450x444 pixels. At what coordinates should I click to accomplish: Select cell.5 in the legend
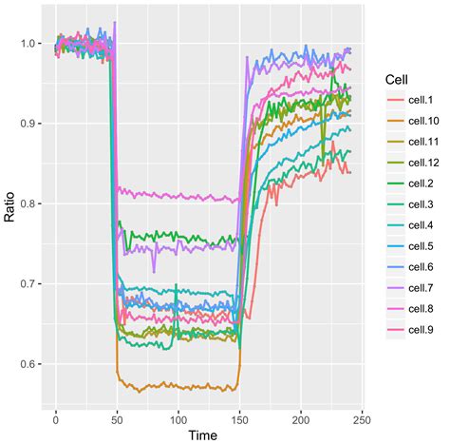tap(422, 245)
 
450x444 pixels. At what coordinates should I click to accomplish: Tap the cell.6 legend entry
tap(422, 266)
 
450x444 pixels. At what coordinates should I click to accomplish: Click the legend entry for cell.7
tap(422, 287)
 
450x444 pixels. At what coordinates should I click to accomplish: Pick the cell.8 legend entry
tap(422, 309)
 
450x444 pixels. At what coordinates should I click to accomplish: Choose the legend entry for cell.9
tap(422, 330)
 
